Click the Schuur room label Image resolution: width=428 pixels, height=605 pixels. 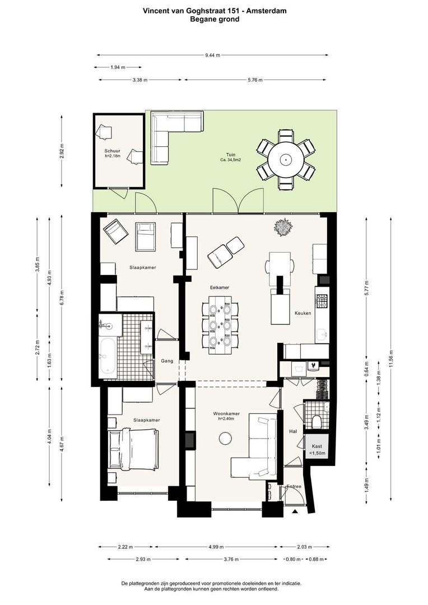pyautogui.click(x=112, y=151)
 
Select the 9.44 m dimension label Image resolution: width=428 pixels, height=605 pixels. pyautogui.click(x=213, y=55)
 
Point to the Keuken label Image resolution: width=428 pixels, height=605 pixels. pyautogui.click(x=303, y=313)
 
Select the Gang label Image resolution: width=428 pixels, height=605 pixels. pyautogui.click(x=167, y=361)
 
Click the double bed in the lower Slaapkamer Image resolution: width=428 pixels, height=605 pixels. pyautogui.click(x=133, y=450)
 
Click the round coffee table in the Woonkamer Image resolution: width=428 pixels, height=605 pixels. pyautogui.click(x=225, y=438)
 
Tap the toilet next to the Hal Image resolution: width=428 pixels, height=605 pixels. pyautogui.click(x=317, y=422)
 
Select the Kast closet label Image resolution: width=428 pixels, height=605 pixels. pyautogui.click(x=317, y=446)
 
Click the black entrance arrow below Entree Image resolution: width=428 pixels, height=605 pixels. pyautogui.click(x=295, y=511)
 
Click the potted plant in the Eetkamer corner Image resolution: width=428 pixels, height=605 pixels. pyautogui.click(x=284, y=227)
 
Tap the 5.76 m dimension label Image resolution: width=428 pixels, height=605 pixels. pyautogui.click(x=255, y=80)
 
